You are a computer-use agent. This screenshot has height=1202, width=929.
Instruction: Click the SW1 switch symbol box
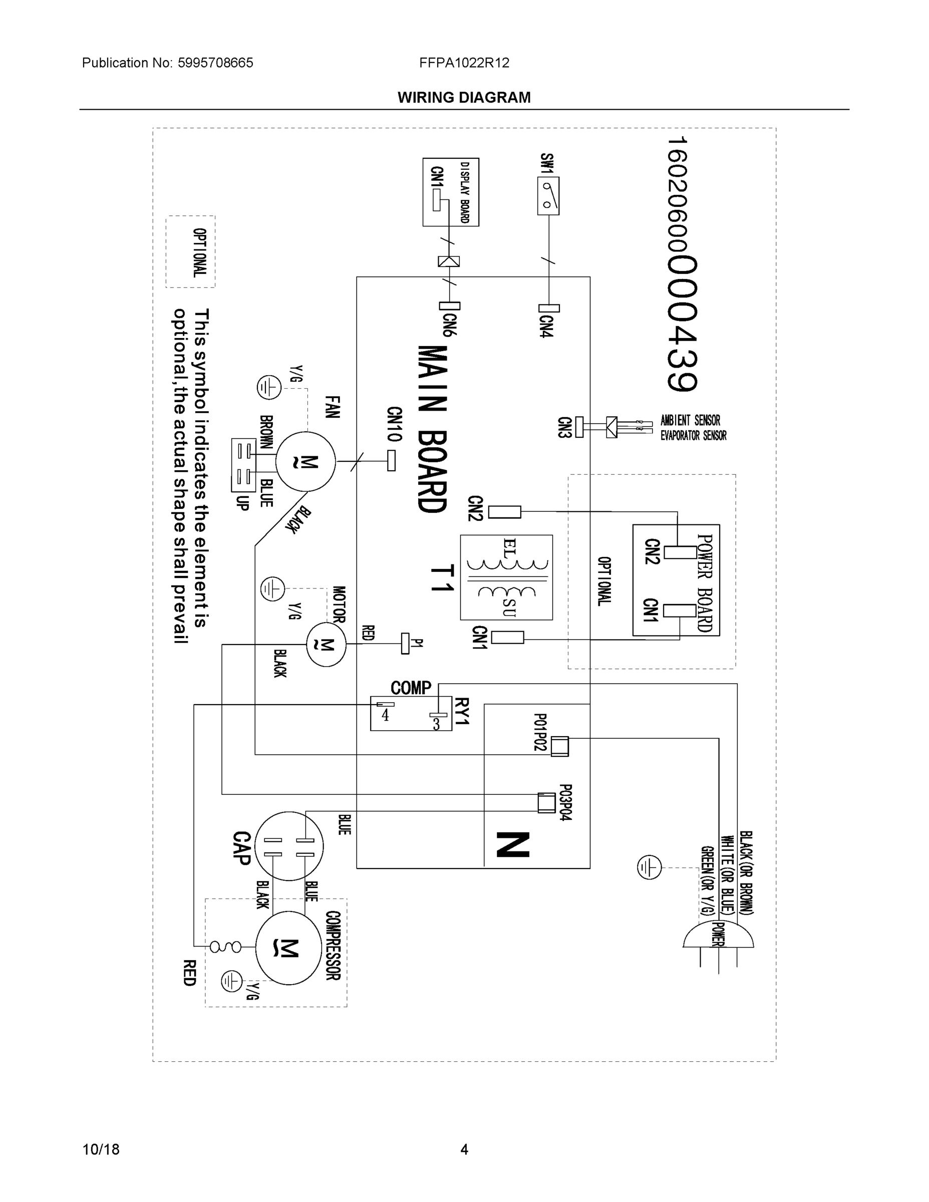click(548, 195)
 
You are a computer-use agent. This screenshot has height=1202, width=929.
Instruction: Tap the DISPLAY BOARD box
click(451, 192)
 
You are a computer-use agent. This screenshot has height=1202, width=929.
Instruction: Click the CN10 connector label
click(394, 424)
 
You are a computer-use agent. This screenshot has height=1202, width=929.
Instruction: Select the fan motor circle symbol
click(305, 462)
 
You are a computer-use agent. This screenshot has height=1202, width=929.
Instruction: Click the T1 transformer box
click(506, 577)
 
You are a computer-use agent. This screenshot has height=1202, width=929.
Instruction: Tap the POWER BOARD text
click(705, 583)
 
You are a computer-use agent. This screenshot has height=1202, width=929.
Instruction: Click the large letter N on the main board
click(513, 845)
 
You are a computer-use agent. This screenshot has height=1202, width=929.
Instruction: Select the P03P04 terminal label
click(566, 803)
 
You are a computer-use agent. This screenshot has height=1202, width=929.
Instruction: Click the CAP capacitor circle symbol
click(289, 846)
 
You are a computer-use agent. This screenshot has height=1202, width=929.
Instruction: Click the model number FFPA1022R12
click(464, 63)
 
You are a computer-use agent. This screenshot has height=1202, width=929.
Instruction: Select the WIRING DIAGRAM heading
click(464, 98)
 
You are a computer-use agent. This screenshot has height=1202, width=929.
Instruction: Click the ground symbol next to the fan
click(269, 388)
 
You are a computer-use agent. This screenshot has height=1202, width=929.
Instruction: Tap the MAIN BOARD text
click(433, 429)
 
